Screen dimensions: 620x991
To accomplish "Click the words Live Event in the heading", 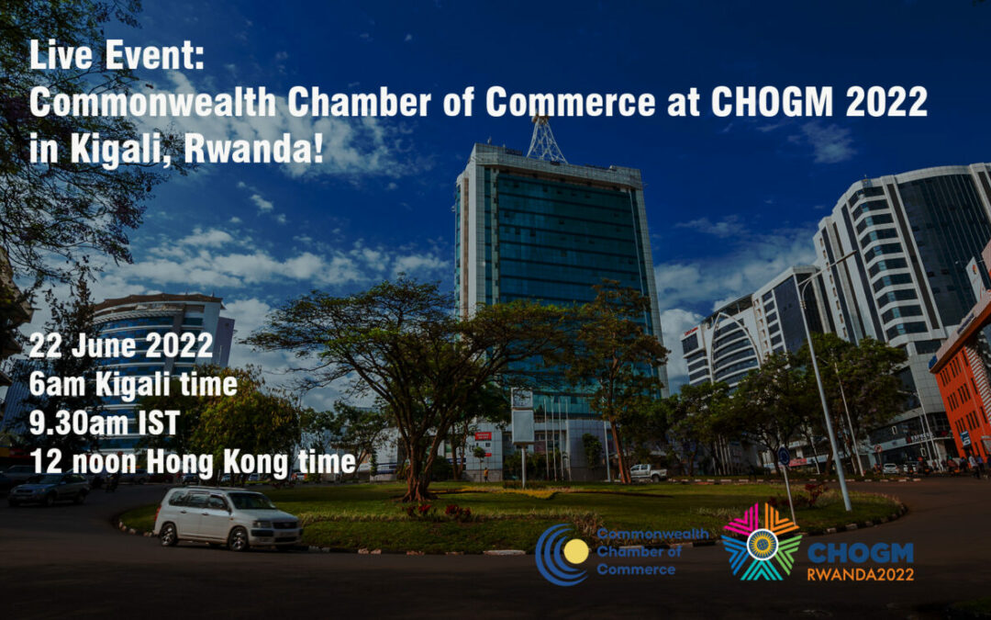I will pyautogui.click(x=117, y=58).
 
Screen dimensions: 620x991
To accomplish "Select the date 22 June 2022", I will pyautogui.click(x=120, y=347).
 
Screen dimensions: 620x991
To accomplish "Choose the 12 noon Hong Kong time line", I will pyautogui.click(x=192, y=463).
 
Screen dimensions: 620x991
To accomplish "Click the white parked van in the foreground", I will pyautogui.click(x=227, y=519).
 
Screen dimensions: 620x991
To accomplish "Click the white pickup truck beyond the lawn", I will pyautogui.click(x=648, y=472).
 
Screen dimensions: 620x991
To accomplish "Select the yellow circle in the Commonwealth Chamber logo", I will pyautogui.click(x=575, y=552).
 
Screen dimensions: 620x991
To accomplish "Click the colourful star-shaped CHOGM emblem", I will pyautogui.click(x=760, y=542).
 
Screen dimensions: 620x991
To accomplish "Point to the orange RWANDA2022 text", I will pyautogui.click(x=860, y=574).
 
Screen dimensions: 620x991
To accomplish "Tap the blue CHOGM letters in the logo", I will pyautogui.click(x=860, y=552).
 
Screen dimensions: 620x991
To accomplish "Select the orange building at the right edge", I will pyautogui.click(x=963, y=386).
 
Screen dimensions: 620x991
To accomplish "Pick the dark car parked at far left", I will pyautogui.click(x=48, y=490).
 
